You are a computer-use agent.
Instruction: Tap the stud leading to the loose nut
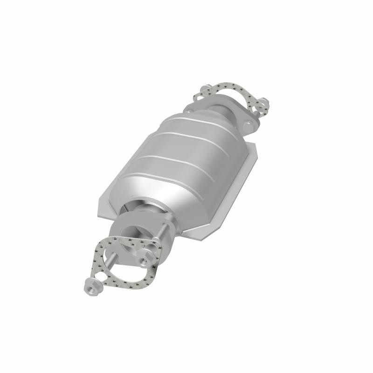[106, 268]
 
